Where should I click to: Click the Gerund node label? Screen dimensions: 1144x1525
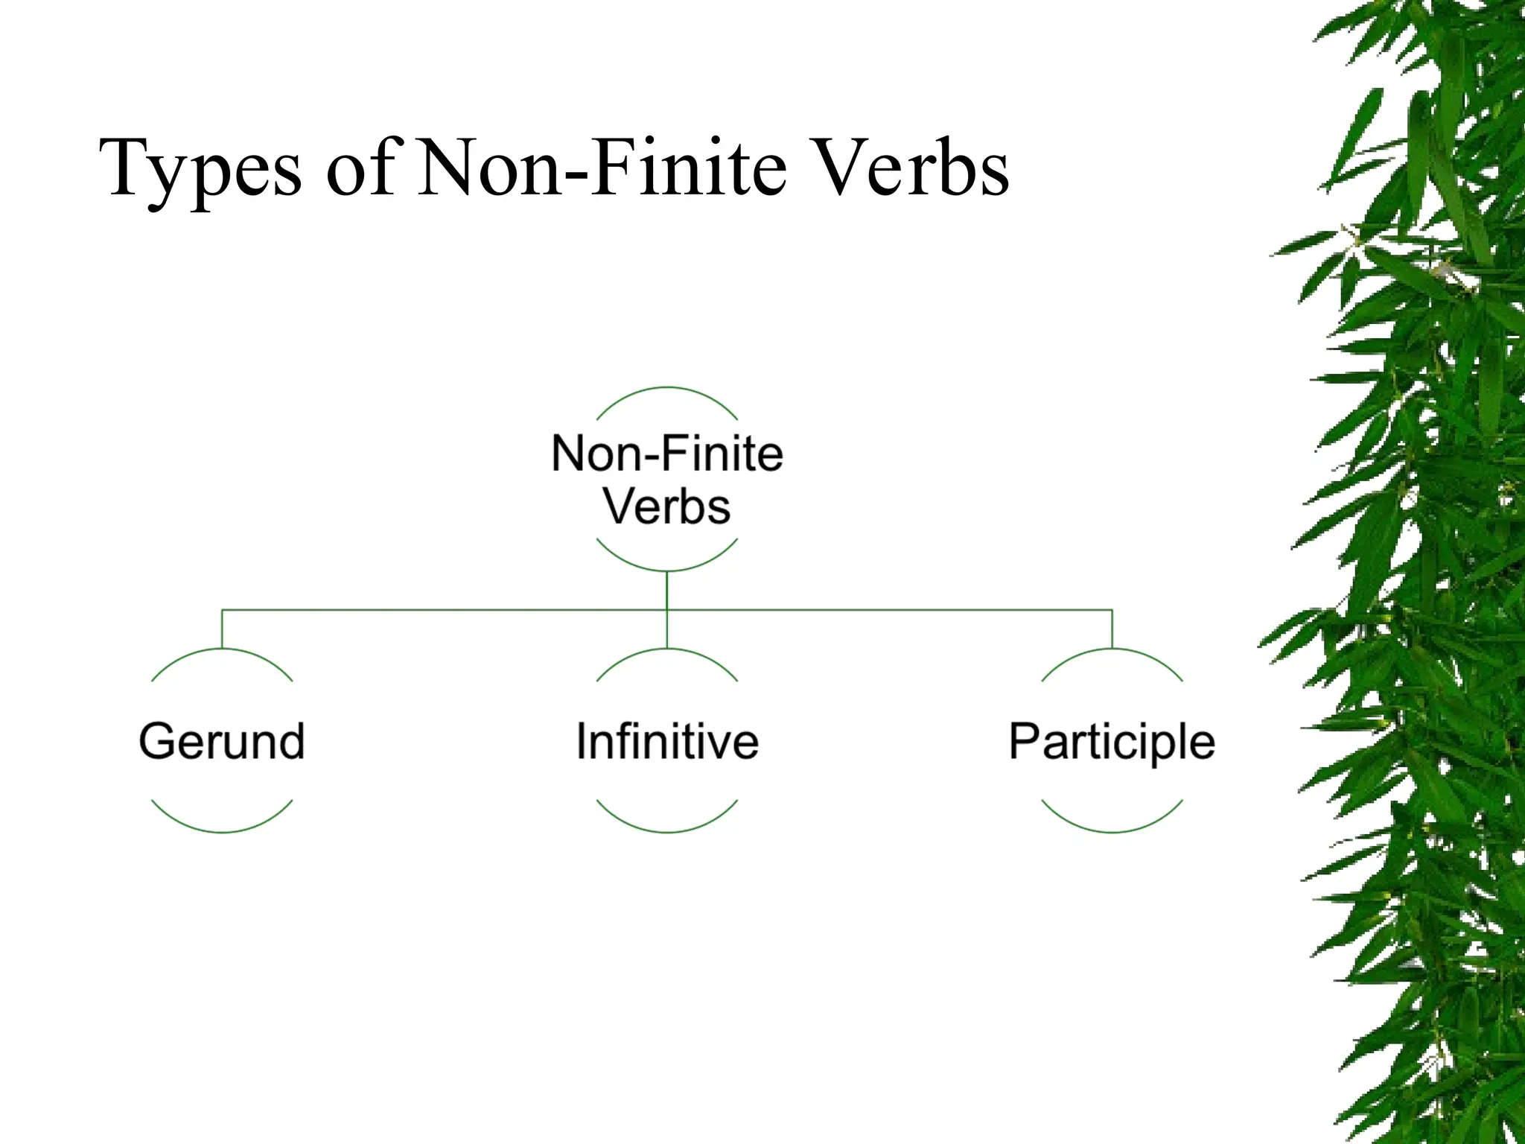(x=222, y=742)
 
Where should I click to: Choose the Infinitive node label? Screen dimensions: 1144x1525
(x=667, y=742)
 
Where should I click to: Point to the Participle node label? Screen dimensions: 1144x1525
(x=1112, y=742)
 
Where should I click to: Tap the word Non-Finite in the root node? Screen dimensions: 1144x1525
(x=667, y=454)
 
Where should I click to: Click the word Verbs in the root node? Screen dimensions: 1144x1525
(x=667, y=507)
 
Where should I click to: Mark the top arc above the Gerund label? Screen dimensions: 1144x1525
(x=222, y=650)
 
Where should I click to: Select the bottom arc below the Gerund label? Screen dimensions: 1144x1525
(x=222, y=831)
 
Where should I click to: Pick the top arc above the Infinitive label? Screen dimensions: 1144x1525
(x=667, y=650)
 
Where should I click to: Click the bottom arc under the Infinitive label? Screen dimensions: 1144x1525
(x=667, y=831)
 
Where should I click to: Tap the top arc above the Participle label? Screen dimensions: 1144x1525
(x=1112, y=650)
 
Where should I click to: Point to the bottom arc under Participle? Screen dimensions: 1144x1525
(x=1112, y=831)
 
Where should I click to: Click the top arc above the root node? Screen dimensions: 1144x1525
(x=667, y=388)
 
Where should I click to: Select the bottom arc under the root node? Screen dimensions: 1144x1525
(x=667, y=570)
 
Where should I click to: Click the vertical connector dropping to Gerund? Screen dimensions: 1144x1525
(x=222, y=629)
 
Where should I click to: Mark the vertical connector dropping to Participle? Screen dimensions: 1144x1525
(x=1112, y=629)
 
